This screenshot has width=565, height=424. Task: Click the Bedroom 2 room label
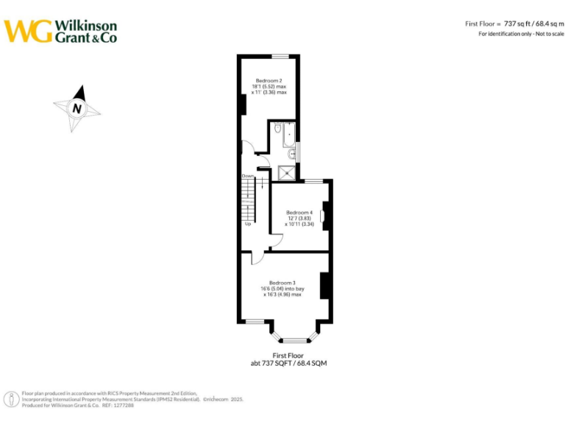tap(269, 79)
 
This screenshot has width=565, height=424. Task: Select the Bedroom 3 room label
tap(282, 283)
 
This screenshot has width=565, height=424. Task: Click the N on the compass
tap(77, 108)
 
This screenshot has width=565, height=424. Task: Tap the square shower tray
tap(285, 172)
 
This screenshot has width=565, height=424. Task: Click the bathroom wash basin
tap(293, 154)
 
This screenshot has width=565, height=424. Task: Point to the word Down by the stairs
tap(248, 176)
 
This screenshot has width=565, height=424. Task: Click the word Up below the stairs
tap(248, 224)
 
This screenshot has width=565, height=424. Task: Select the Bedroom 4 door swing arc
tap(277, 241)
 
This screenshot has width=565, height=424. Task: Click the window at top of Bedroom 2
tap(280, 56)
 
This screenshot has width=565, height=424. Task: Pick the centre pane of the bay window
tap(294, 340)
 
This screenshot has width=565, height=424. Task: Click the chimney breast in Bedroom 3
tap(324, 286)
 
